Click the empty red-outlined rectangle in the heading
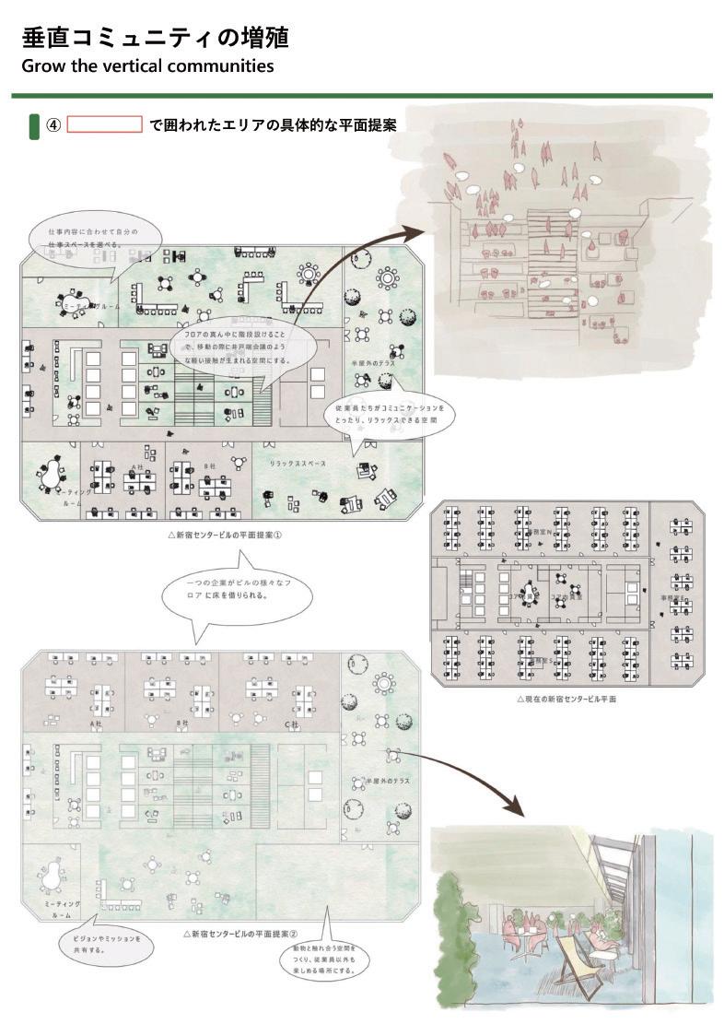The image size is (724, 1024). [x=105, y=124]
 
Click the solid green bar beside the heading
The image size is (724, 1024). [x=34, y=126]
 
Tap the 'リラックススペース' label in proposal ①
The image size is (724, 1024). [x=297, y=464]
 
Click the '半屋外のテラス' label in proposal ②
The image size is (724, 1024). [x=387, y=781]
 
